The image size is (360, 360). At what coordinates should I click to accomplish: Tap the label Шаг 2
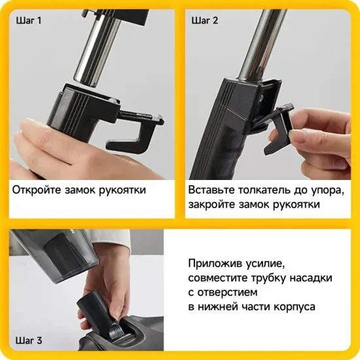[206, 20]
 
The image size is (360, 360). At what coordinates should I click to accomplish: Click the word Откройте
[37, 190]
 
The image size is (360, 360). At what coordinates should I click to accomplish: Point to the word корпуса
[293, 307]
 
